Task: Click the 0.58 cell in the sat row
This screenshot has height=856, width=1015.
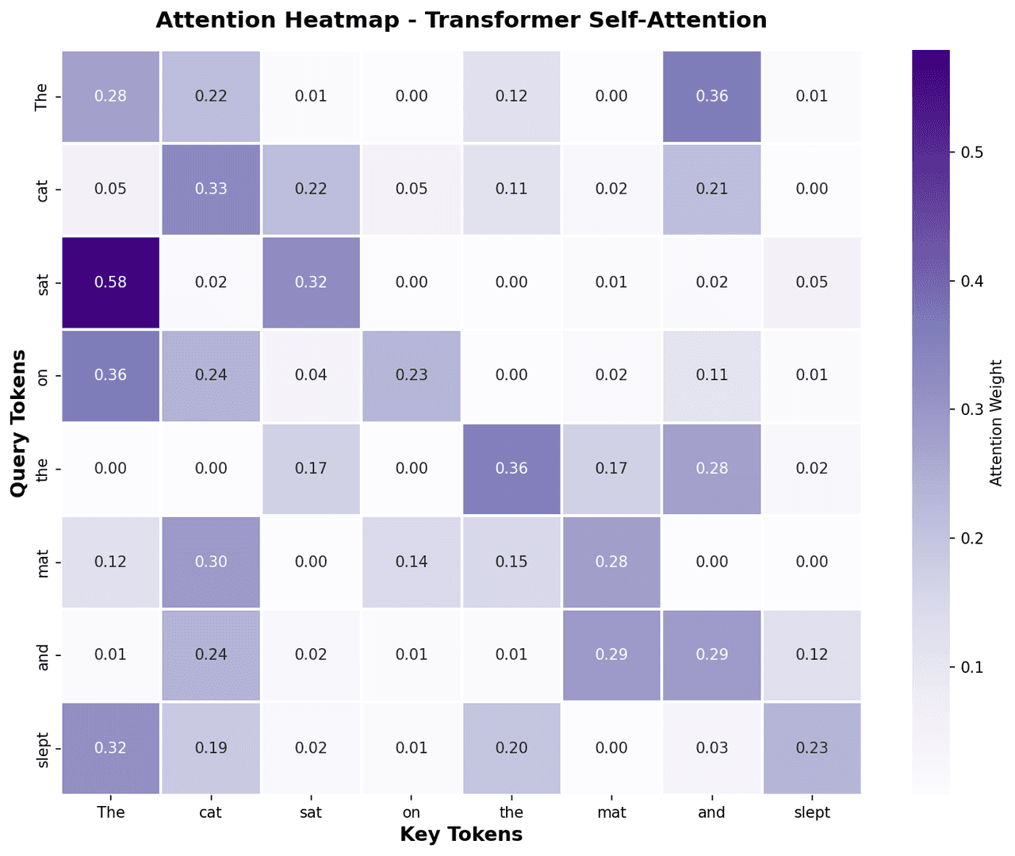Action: pos(110,282)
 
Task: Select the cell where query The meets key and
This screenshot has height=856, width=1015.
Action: pos(712,96)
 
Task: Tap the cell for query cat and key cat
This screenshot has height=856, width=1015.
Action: pos(211,189)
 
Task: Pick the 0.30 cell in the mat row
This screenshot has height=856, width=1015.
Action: pos(211,562)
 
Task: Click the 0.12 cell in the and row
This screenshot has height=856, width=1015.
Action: pos(812,654)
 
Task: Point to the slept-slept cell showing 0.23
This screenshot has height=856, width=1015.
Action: pos(812,747)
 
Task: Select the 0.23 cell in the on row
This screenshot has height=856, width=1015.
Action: pos(412,375)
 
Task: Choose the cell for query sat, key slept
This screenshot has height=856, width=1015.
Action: pos(812,282)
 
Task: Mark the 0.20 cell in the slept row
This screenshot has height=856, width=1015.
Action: pos(511,747)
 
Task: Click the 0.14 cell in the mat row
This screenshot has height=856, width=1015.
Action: pos(412,562)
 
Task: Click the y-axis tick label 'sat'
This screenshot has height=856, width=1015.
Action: pos(43,282)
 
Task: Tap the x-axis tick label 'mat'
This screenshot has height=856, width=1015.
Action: pos(611,812)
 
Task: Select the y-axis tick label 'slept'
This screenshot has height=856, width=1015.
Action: pos(43,747)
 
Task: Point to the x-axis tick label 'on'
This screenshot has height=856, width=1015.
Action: pos(412,812)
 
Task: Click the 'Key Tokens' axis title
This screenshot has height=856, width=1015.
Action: pos(461,835)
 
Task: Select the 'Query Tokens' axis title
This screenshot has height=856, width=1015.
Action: pos(19,423)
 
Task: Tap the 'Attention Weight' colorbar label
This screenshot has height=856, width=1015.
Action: pos(997,423)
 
